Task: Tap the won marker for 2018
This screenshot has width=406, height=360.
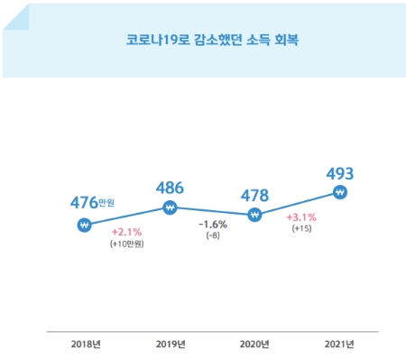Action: click(x=84, y=226)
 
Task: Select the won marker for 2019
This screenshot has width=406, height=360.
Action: click(x=170, y=208)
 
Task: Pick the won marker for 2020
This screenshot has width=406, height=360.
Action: click(x=254, y=215)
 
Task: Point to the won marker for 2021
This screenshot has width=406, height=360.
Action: click(x=339, y=192)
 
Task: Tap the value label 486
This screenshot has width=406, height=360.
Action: click(x=170, y=188)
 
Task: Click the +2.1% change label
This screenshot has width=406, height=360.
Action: click(x=126, y=233)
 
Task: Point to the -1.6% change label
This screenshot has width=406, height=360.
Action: click(x=212, y=224)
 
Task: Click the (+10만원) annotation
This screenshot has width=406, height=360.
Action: click(x=126, y=245)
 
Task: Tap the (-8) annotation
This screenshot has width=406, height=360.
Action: click(x=212, y=235)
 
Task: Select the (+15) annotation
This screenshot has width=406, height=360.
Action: click(x=300, y=230)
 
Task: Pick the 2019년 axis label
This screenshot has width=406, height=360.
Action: click(x=170, y=344)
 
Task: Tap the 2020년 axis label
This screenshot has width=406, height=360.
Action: click(x=254, y=344)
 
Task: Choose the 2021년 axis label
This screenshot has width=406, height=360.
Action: click(x=339, y=344)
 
